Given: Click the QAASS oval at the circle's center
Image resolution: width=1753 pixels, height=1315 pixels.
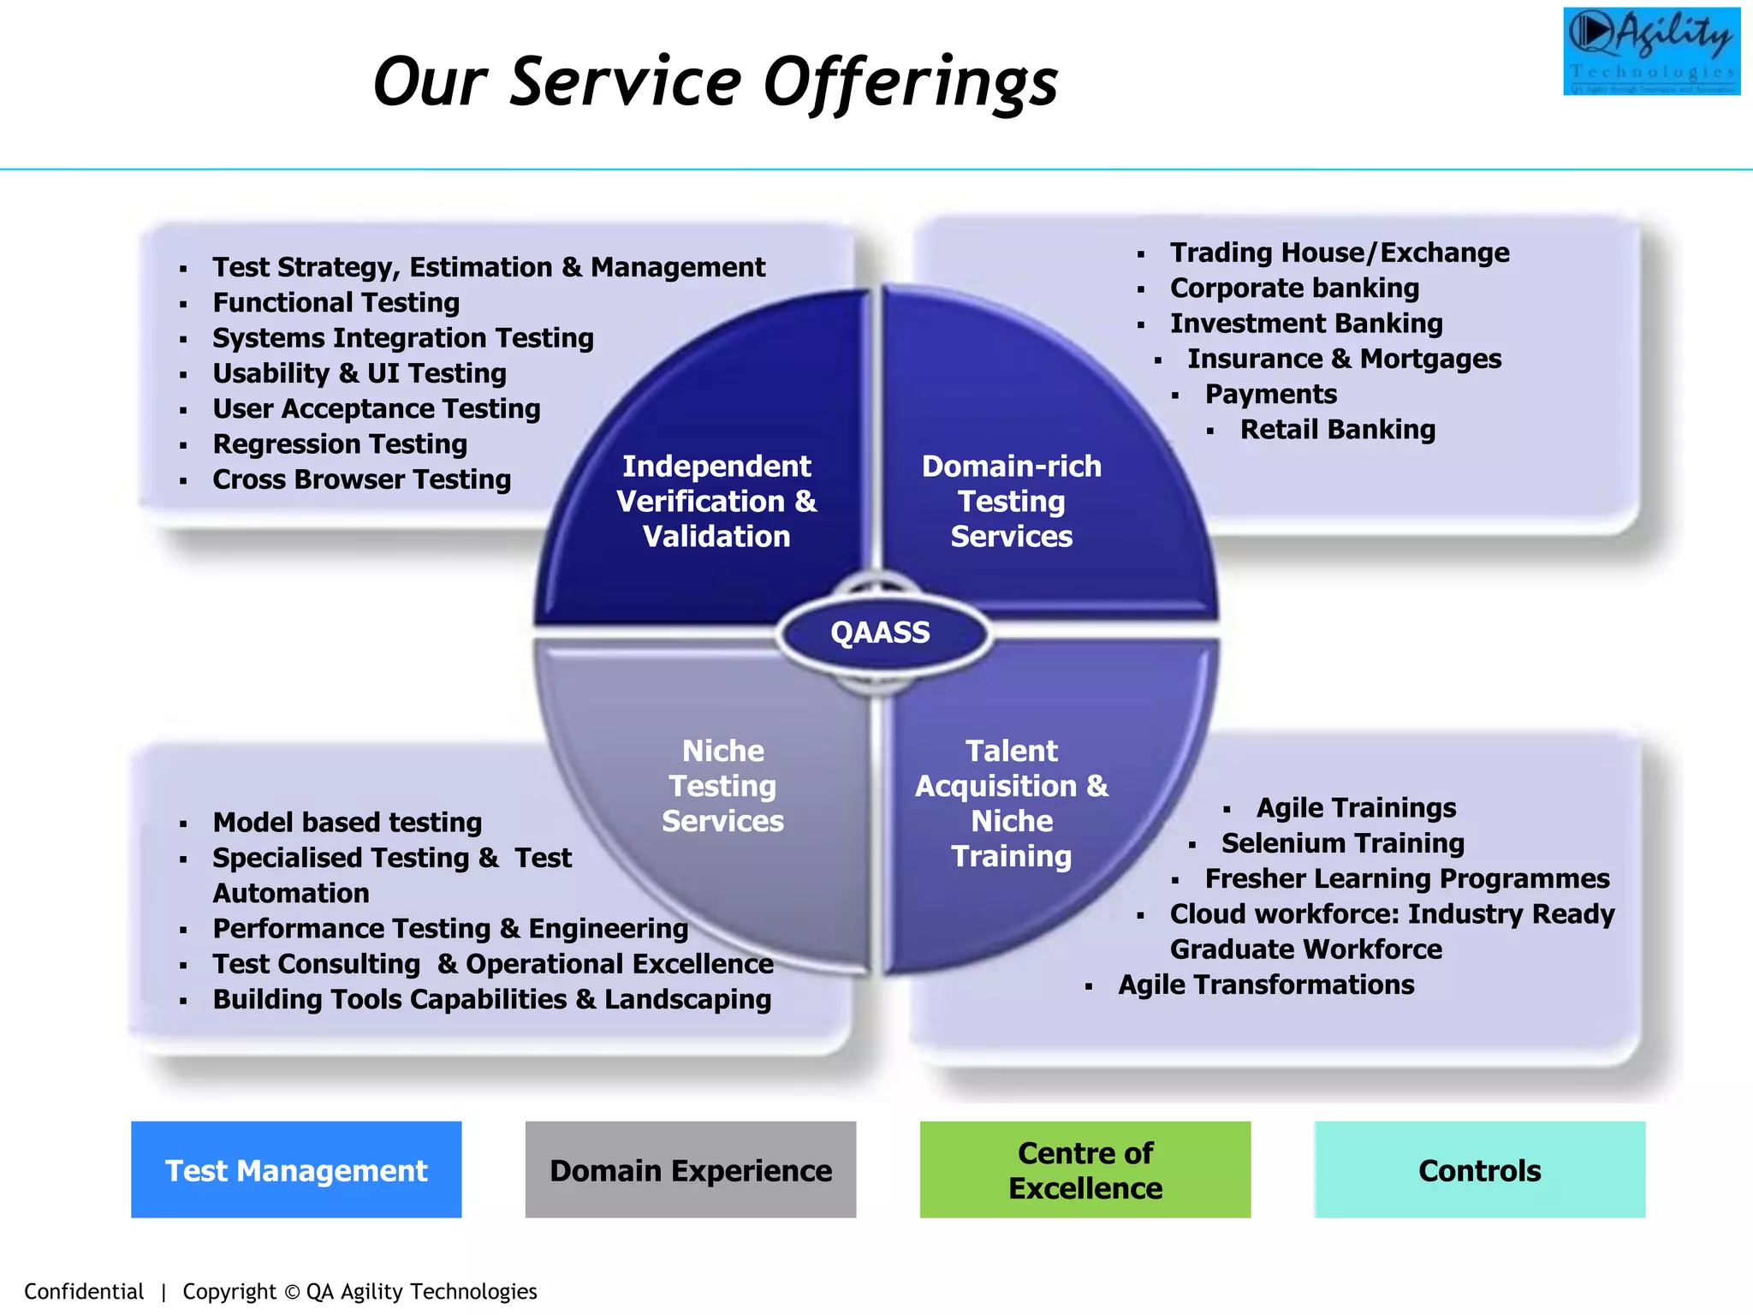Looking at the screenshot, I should tap(881, 633).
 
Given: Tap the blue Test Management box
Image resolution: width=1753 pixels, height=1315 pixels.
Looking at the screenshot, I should tap(296, 1169).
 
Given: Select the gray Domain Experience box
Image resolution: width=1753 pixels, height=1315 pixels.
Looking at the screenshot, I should tap(690, 1169).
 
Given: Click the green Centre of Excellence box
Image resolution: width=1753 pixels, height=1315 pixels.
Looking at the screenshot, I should tap(1084, 1169).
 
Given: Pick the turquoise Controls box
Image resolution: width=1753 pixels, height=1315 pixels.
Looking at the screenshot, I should tap(1479, 1169).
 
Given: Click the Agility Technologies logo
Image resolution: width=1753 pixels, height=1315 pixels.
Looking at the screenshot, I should tap(1651, 51).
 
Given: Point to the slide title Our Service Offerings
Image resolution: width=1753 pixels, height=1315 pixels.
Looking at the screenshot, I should tap(716, 83).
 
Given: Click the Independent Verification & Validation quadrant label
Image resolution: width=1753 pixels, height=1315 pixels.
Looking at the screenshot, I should tap(716, 501).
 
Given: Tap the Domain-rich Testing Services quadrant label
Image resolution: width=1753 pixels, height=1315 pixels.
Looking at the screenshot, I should tap(1011, 501).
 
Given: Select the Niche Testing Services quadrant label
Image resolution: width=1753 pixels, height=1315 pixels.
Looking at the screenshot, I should tap(722, 786).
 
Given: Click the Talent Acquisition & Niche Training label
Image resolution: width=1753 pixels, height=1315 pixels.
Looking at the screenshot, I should tap(1011, 803).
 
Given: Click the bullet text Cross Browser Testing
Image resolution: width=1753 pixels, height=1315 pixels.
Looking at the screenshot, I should tap(361, 479).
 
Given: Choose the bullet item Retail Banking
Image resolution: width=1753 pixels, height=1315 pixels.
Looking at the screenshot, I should tap(1337, 430).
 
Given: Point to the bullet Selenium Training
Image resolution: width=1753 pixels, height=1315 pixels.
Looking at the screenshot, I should tap(1342, 843).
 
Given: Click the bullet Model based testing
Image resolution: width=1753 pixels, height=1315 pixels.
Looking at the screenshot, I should tap(347, 823).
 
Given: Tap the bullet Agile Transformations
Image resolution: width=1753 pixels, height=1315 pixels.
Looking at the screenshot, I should tap(1266, 985).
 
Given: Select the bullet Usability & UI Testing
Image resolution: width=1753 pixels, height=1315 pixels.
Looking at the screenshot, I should tap(360, 373).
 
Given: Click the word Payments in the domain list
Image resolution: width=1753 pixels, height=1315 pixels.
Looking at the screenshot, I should tap(1270, 394).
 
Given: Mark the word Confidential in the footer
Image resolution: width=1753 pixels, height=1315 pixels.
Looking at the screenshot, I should tap(84, 1291).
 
